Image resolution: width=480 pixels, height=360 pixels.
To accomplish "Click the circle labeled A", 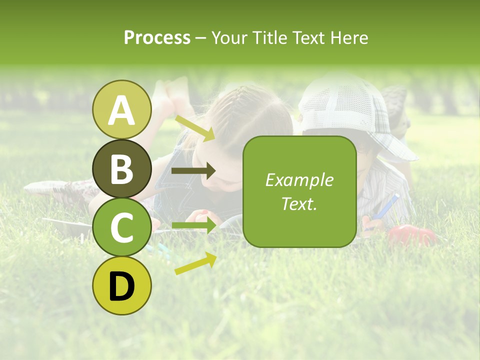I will pyautogui.click(x=121, y=109).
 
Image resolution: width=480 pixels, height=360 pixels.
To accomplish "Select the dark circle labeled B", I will pyautogui.click(x=121, y=169).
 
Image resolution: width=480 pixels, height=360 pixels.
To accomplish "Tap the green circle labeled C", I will pyautogui.click(x=121, y=227).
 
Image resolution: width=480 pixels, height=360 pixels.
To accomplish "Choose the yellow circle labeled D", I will pyautogui.click(x=121, y=286).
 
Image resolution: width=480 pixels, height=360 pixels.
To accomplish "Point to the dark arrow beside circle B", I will pyautogui.click(x=193, y=171).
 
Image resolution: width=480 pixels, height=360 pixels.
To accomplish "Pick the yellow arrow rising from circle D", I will pyautogui.click(x=195, y=264).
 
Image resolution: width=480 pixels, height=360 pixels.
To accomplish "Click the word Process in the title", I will pyautogui.click(x=157, y=37).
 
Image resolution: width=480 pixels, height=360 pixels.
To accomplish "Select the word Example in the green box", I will pyautogui.click(x=299, y=180).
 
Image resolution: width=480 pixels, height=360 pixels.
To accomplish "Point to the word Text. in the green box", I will pyautogui.click(x=299, y=203).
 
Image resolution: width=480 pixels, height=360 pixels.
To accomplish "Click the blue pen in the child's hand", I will pyautogui.click(x=388, y=206).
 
